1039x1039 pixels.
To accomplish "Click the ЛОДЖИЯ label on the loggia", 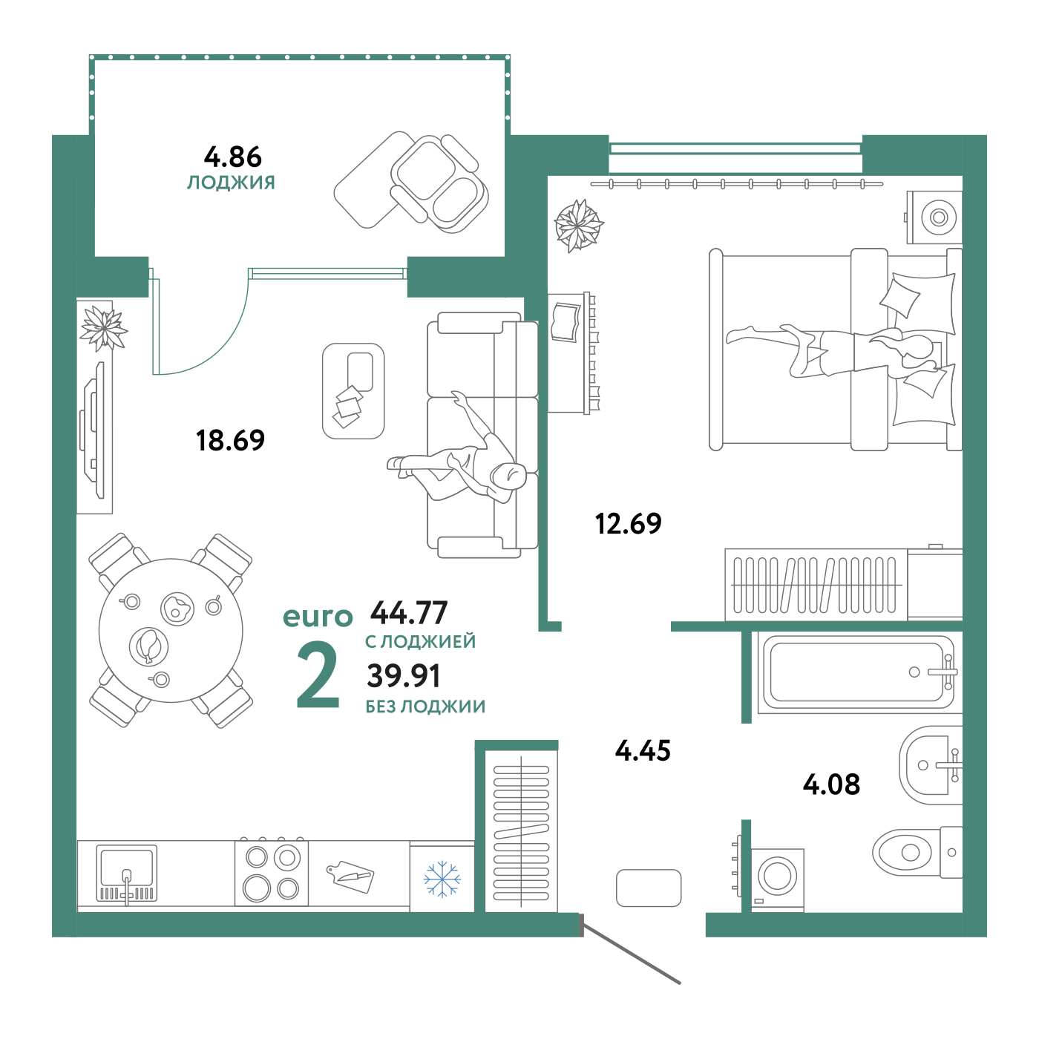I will click(x=231, y=183).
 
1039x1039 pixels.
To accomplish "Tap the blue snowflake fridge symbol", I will click(x=442, y=879).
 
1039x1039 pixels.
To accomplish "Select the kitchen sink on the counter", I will click(x=126, y=873).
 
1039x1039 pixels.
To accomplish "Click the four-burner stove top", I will click(x=272, y=873).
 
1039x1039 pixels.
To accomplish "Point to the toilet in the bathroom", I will click(x=909, y=852).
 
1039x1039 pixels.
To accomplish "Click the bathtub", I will click(x=857, y=672).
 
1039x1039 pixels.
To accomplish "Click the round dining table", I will click(x=171, y=631).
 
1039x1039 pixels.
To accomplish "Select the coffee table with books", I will click(x=353, y=390).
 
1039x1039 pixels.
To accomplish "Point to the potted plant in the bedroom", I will click(x=578, y=225).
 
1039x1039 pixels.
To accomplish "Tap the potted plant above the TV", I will click(x=103, y=327).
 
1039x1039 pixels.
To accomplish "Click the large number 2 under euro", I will click(x=318, y=675).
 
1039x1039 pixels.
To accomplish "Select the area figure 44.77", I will click(x=409, y=613).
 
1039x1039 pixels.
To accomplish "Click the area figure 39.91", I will click(x=404, y=675).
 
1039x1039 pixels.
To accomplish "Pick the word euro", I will click(x=318, y=617).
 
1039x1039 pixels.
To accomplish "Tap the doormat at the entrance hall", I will click(x=649, y=888).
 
